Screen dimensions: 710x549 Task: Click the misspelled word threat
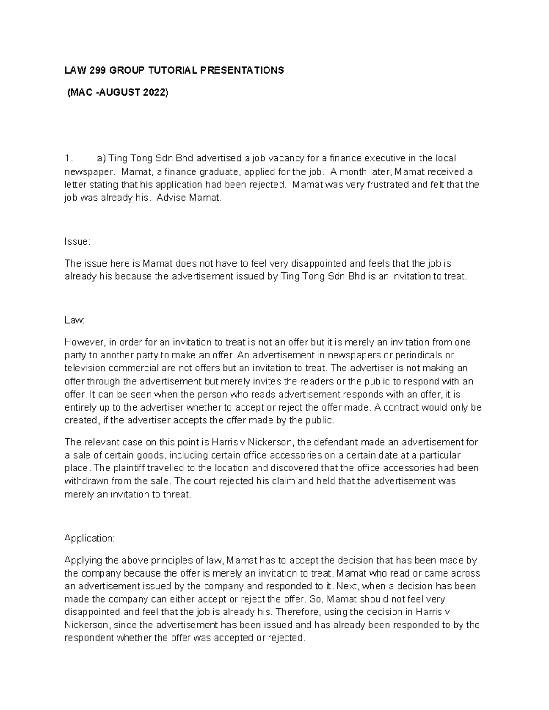tap(176, 494)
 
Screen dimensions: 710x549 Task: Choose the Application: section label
tap(90, 538)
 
